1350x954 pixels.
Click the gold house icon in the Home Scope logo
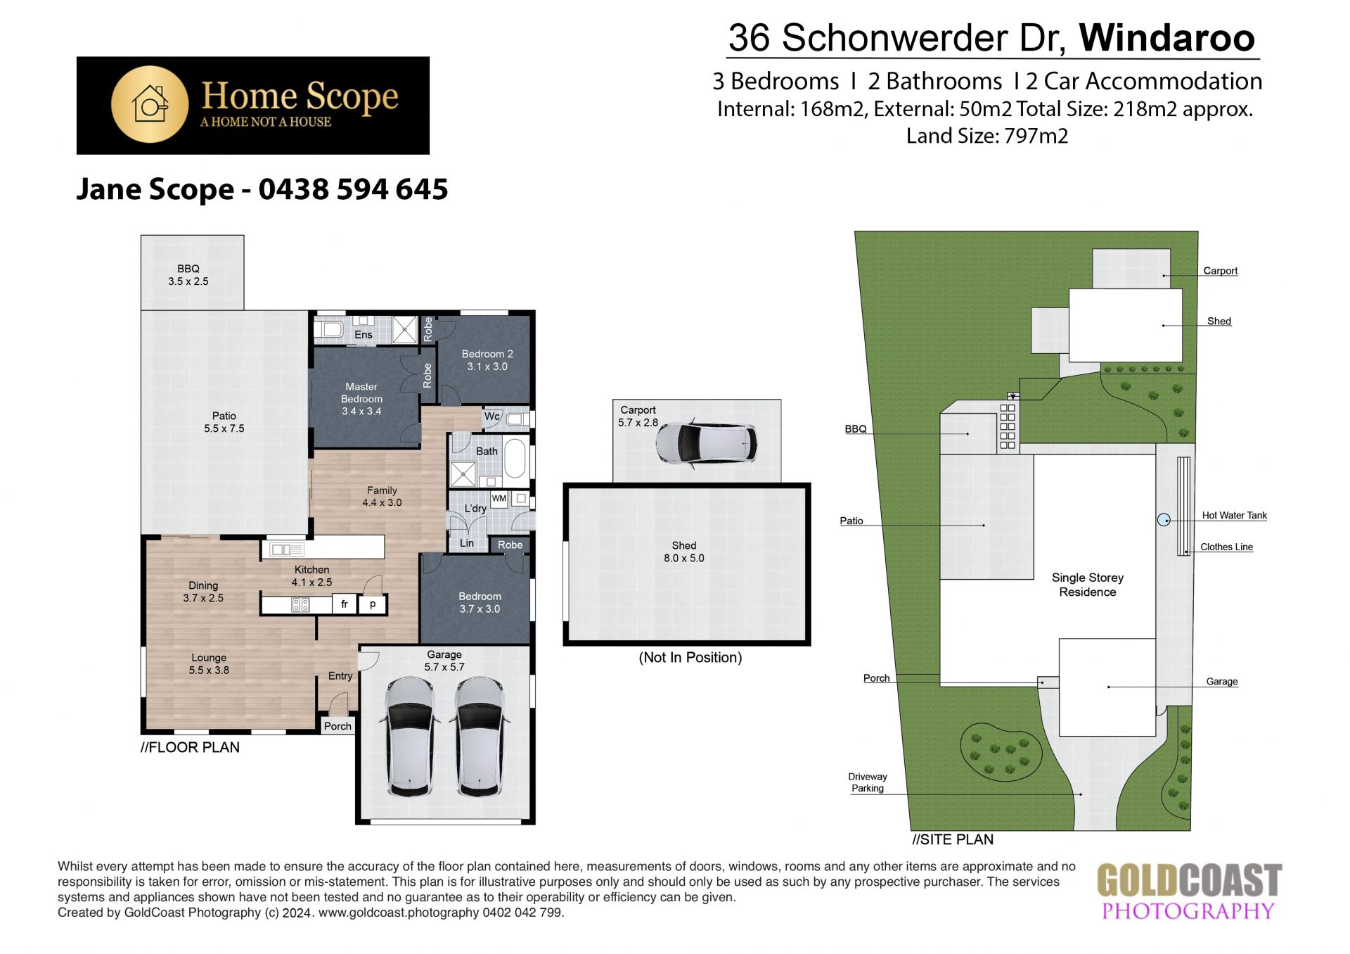click(150, 104)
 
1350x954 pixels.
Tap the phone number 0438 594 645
click(353, 189)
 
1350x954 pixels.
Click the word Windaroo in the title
click(1167, 37)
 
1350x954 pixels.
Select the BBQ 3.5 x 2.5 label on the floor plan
click(188, 275)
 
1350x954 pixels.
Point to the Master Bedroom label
click(361, 399)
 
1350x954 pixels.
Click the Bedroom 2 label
click(487, 360)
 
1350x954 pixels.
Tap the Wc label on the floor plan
click(492, 416)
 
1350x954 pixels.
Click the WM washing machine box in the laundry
click(499, 499)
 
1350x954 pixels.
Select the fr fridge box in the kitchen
click(345, 604)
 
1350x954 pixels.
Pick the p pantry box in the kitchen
click(373, 604)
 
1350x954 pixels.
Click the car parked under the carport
click(706, 443)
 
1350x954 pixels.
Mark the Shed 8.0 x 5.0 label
click(684, 552)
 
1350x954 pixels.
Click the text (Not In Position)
click(690, 657)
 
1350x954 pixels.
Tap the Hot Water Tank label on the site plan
click(1234, 516)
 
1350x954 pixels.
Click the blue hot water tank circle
click(1164, 520)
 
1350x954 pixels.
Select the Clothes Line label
click(1226, 547)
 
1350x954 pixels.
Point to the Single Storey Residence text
click(1088, 585)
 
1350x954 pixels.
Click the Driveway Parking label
click(868, 782)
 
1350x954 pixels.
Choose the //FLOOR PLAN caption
click(190, 747)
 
